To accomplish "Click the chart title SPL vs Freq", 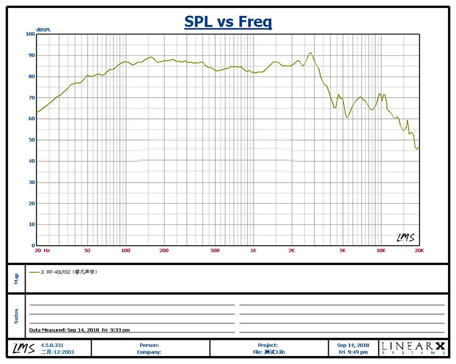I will tap(228, 22).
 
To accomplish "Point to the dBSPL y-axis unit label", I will tap(44, 29).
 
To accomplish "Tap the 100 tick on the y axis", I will tap(31, 34).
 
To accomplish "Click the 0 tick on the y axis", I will tap(33, 246).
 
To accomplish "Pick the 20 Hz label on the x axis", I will tap(42, 251).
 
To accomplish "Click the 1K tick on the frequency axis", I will tap(254, 251).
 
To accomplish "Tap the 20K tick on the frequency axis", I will tap(418, 251).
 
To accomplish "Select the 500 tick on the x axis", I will tap(215, 251).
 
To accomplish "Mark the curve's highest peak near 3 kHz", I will tap(310, 53).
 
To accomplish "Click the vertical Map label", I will tap(16, 278).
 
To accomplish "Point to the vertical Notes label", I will tap(16, 315).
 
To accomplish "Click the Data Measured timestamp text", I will tap(79, 330).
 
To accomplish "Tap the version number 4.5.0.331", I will tap(50, 345).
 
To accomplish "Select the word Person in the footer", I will tap(150, 345).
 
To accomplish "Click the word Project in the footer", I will tap(268, 345).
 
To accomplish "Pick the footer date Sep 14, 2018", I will tap(353, 345).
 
